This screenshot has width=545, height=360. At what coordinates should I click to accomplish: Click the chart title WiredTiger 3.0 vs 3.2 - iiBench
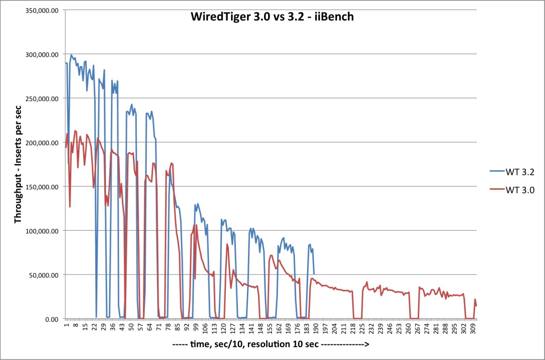[x=272, y=16]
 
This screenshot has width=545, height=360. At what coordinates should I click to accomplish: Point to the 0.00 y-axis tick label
[x=51, y=319]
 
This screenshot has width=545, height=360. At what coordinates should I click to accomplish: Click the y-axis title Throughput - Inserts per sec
[x=18, y=165]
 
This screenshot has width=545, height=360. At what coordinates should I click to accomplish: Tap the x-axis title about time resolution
[x=271, y=345]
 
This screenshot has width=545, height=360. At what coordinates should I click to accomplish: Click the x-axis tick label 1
[x=66, y=325]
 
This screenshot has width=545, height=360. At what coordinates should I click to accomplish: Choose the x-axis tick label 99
[x=195, y=326]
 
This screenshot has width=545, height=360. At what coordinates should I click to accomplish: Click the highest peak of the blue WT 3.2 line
[x=71, y=54]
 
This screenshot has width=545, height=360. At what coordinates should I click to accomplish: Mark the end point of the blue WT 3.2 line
[x=314, y=274]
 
